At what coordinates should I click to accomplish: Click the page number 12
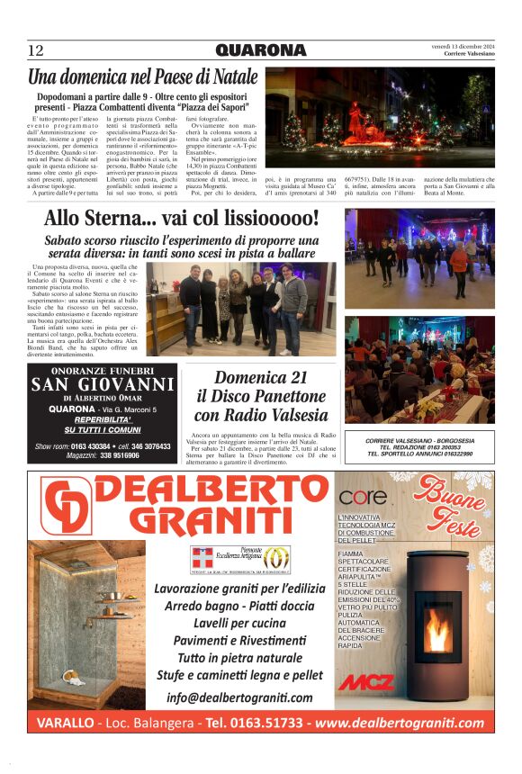click(x=36, y=50)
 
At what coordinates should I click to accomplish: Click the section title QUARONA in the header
click(x=260, y=50)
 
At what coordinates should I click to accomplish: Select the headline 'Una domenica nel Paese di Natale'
click(x=143, y=77)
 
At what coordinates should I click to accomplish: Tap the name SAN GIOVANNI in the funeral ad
click(x=103, y=385)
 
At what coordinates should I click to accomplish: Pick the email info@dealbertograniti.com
click(x=239, y=697)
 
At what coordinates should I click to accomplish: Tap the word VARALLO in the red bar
click(x=66, y=724)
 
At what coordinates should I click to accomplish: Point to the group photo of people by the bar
click(x=241, y=309)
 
